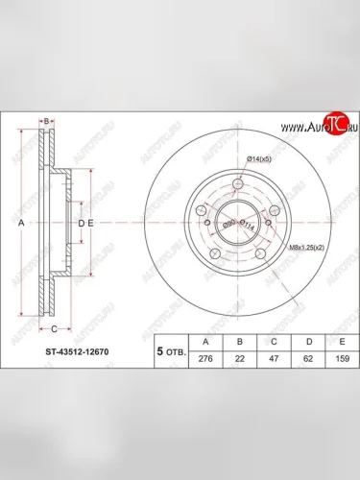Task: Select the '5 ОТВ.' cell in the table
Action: click(x=172, y=351)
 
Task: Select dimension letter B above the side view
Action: click(x=46, y=119)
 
